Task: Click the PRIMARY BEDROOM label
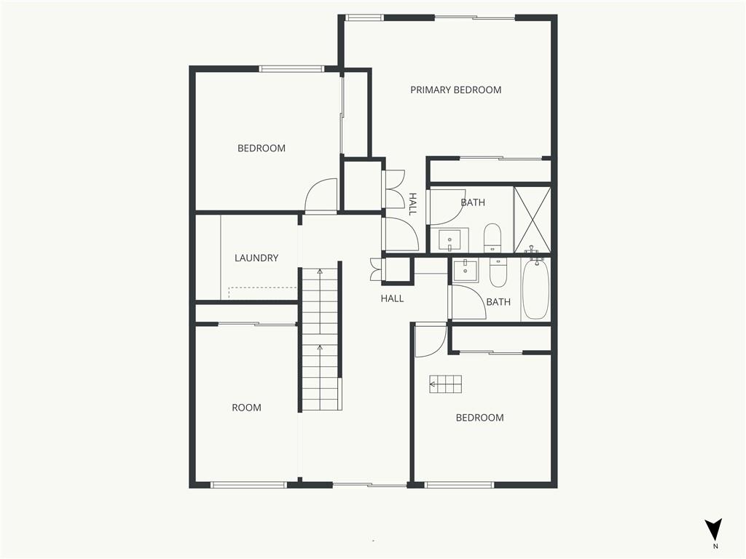pos(456,90)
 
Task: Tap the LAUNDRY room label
pos(256,258)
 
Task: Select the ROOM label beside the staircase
pos(246,408)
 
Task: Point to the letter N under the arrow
pos(715,547)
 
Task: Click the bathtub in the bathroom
pos(535,288)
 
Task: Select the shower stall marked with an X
pos(533,220)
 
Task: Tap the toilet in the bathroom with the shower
pos(492,238)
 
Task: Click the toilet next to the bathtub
pos(498,273)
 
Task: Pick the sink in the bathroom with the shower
pos(449,240)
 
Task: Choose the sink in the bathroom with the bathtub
pos(465,271)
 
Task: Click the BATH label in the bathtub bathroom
pos(498,302)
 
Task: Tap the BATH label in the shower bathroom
pos(473,202)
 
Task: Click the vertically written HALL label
pos(412,204)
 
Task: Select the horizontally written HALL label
pos(392,298)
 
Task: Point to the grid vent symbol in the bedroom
pos(446,384)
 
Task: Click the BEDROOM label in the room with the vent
pos(479,418)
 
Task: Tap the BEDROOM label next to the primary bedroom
pos(262,148)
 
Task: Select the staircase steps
pos(321,339)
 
